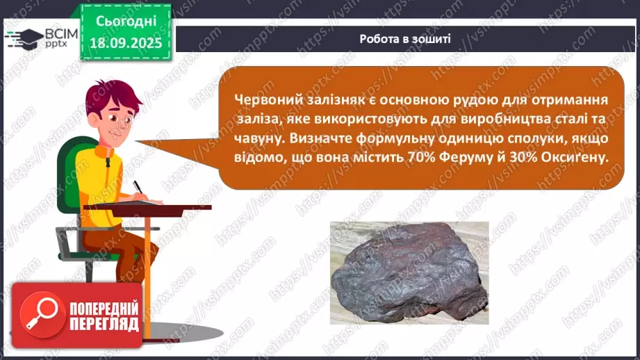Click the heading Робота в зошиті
click(405, 39)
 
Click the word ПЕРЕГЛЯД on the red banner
click(104, 323)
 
